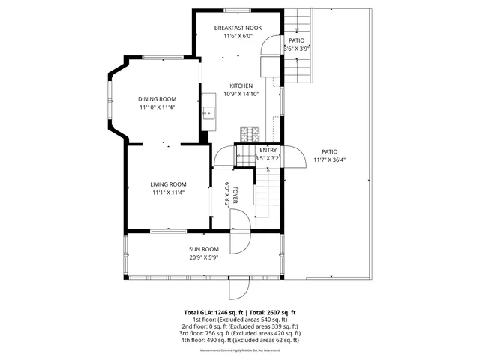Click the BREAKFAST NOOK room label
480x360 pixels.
click(238, 28)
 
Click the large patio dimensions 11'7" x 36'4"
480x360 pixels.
click(329, 159)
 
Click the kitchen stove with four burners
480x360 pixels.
click(249, 134)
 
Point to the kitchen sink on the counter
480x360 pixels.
click(209, 114)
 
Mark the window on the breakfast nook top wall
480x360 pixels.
click(237, 10)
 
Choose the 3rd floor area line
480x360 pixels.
click(240, 333)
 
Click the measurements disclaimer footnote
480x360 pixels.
click(240, 350)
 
